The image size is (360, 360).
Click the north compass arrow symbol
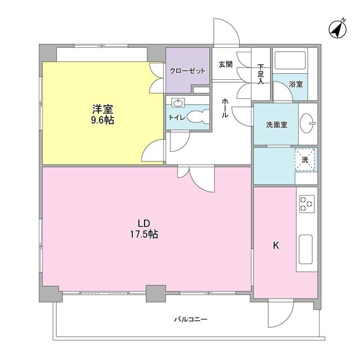click(337, 29)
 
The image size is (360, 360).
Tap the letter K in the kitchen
click(276, 245)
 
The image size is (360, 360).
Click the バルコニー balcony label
click(190, 319)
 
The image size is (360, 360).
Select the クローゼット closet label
click(187, 71)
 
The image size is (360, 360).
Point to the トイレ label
click(175, 118)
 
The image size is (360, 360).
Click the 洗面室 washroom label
click(277, 124)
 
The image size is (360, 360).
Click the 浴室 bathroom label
click(296, 84)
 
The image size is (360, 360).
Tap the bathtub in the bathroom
click(289, 60)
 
